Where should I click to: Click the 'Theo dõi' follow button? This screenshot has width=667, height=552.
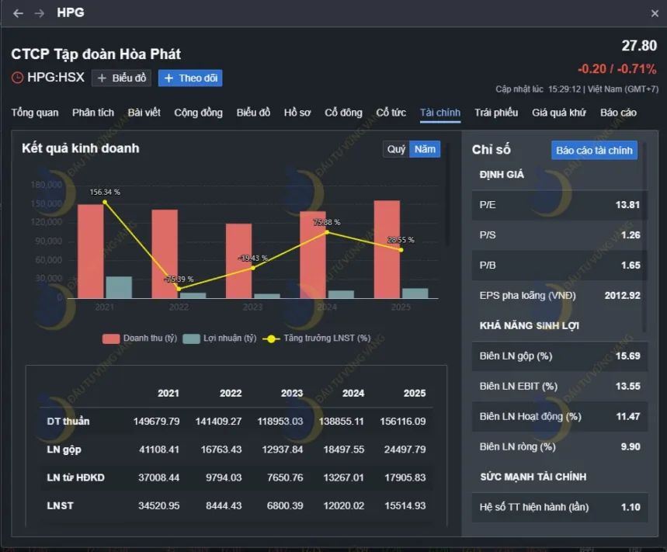(190, 78)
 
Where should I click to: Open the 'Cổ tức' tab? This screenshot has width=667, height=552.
(391, 113)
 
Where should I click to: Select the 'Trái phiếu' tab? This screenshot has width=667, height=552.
(496, 113)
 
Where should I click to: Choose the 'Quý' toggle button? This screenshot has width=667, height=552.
(396, 149)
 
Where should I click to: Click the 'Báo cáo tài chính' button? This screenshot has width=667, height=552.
(594, 150)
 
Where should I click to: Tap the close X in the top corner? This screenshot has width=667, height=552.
(655, 13)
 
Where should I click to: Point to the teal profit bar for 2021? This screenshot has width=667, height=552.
(119, 287)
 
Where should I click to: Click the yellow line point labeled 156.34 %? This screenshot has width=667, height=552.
(105, 202)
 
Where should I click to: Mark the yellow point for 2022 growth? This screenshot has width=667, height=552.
(179, 289)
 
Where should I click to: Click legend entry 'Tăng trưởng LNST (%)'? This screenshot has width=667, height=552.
(319, 338)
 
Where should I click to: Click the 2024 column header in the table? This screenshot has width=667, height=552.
(353, 393)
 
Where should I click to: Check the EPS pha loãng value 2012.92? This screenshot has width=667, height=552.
(622, 295)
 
